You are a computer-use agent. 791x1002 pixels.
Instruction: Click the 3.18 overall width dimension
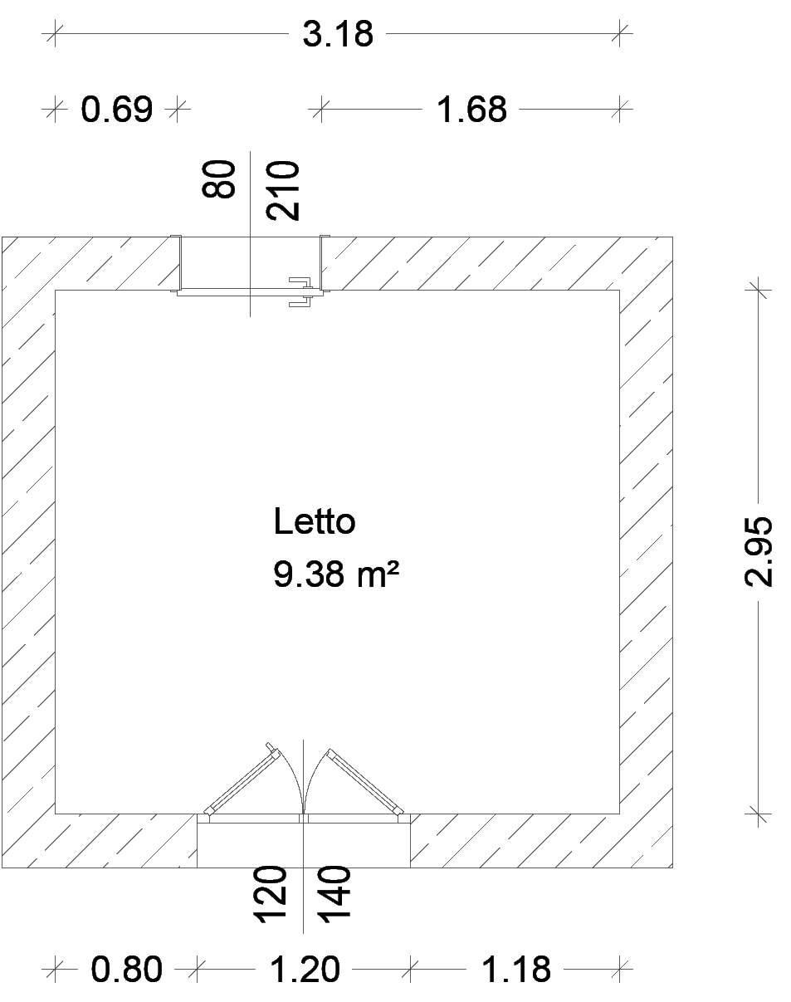coord(338,35)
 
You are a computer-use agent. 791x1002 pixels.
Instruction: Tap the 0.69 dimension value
coord(117,110)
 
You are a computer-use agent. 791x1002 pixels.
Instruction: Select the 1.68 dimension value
coord(471,110)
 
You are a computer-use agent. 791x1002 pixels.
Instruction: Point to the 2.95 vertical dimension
coord(758,551)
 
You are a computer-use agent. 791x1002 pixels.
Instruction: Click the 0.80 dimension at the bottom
coord(127,970)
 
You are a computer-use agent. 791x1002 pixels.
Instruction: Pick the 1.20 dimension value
coord(305,970)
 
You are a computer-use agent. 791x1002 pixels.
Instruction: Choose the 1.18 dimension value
coord(515,970)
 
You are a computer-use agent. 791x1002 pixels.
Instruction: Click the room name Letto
coord(315,521)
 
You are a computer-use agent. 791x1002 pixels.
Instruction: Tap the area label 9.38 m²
coord(335,574)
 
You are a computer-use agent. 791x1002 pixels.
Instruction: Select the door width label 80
coord(219,179)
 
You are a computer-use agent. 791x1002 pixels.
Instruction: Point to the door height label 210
coord(282,190)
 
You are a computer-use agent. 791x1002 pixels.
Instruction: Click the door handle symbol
coord(301,292)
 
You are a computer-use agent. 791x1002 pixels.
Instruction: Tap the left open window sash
coord(242,779)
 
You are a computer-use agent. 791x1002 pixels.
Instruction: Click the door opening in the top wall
coord(250,263)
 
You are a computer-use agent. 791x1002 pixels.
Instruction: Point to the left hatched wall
coord(28,552)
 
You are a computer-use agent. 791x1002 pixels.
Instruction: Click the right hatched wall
coord(647,552)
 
